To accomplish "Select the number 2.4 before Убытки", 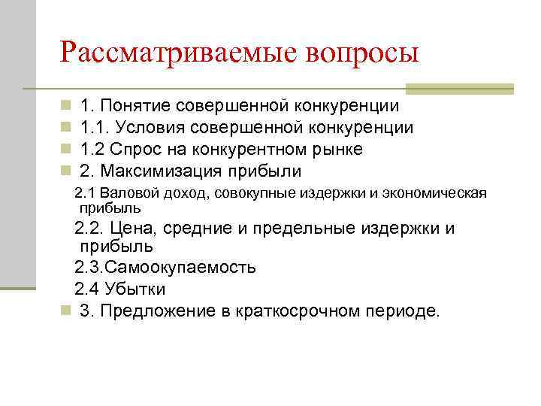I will tap(87, 289).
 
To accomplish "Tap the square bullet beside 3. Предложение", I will tap(67, 310).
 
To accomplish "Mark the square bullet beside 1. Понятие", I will tap(67, 107).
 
